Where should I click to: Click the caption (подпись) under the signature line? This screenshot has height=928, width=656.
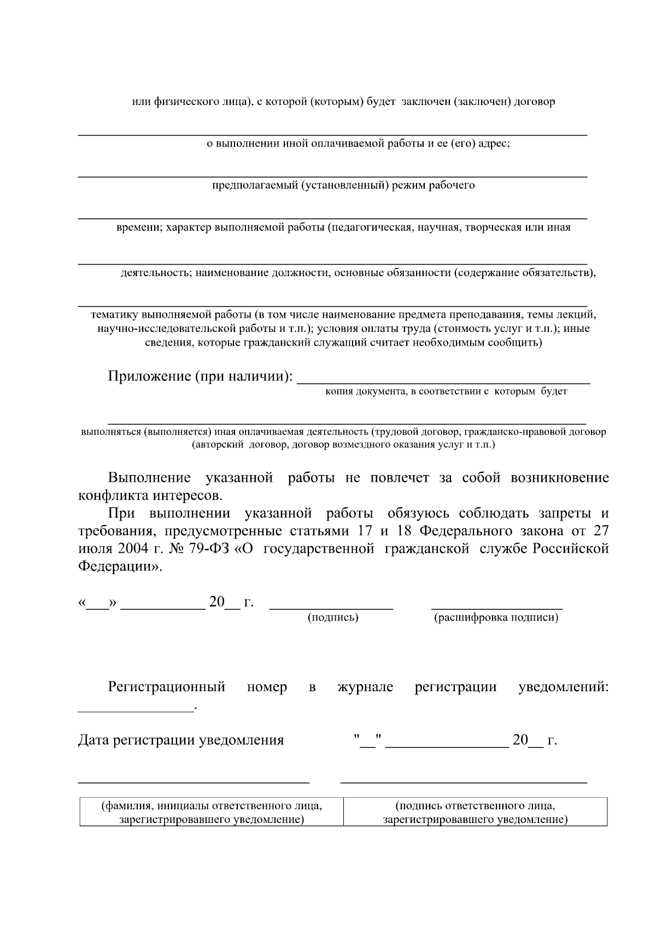[x=333, y=618]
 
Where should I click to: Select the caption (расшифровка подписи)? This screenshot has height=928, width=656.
[x=496, y=618]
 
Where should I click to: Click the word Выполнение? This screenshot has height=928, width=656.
[x=149, y=478]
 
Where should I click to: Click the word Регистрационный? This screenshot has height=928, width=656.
[x=167, y=687]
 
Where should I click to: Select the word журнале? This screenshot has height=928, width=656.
[x=365, y=687]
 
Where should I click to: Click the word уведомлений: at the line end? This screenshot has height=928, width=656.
[x=563, y=687]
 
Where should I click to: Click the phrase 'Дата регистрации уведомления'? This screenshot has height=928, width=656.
[x=181, y=740]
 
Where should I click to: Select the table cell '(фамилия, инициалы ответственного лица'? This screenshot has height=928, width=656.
[x=212, y=812]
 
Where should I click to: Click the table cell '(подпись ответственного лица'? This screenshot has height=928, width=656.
[x=475, y=812]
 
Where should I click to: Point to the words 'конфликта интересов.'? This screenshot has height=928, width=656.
[x=151, y=496]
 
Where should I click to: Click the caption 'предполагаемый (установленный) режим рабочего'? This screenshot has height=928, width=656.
[x=343, y=185]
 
